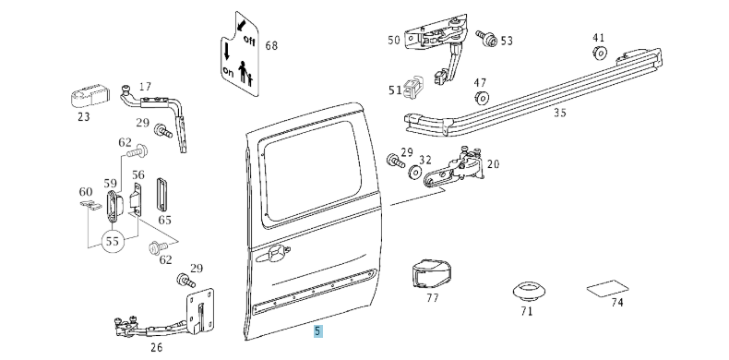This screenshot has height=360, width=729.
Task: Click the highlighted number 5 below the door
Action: pyautogui.click(x=318, y=330)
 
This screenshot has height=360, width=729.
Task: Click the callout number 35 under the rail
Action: pyautogui.click(x=559, y=114)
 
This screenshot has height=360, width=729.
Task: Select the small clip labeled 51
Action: pyautogui.click(x=417, y=87)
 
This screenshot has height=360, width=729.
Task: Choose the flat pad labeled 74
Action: pyautogui.click(x=608, y=288)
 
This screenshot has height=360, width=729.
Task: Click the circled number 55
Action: pyautogui.click(x=113, y=242)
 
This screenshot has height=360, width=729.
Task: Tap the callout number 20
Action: pyautogui.click(x=493, y=164)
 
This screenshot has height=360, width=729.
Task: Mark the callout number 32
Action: pyautogui.click(x=425, y=160)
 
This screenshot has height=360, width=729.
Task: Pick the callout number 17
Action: pyautogui.click(x=145, y=88)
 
